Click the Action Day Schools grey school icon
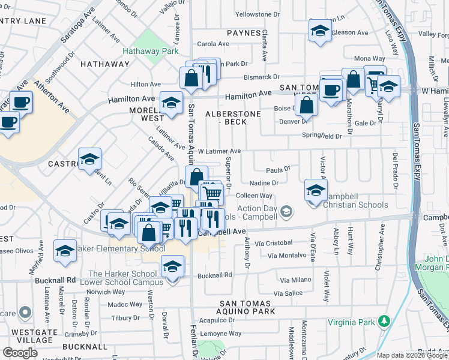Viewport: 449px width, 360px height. point(287,211)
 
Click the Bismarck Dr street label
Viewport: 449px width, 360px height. point(261,77)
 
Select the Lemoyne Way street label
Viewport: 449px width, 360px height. point(221,334)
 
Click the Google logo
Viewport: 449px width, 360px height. point(20,352)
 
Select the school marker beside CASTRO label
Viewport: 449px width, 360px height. point(89,159)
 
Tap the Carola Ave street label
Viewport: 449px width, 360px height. point(214,44)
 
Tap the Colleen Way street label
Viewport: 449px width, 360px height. point(255,196)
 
